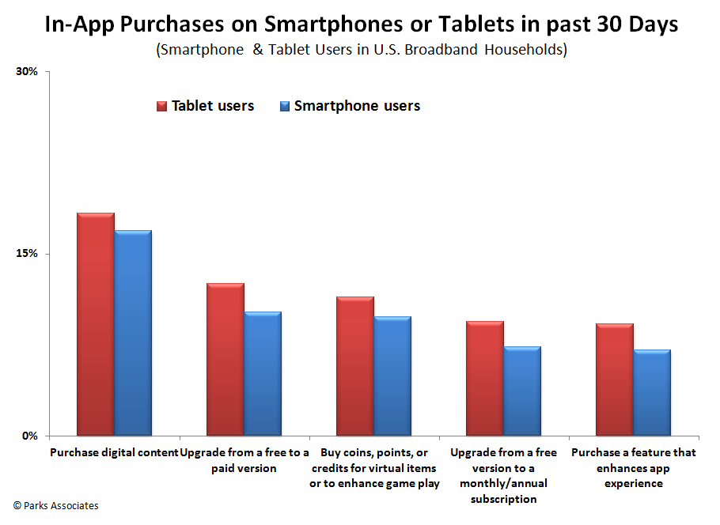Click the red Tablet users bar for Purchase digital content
95,324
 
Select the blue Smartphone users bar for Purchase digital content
132,333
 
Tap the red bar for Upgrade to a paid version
225,359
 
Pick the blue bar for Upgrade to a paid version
262,373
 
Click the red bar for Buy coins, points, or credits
354,366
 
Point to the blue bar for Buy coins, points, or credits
392,376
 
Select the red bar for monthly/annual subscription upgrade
484,378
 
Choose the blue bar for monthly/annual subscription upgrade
521,391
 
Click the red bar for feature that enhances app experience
614,380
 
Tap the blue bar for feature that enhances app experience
651,392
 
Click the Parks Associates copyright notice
55,505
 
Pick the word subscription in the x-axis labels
503,499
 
